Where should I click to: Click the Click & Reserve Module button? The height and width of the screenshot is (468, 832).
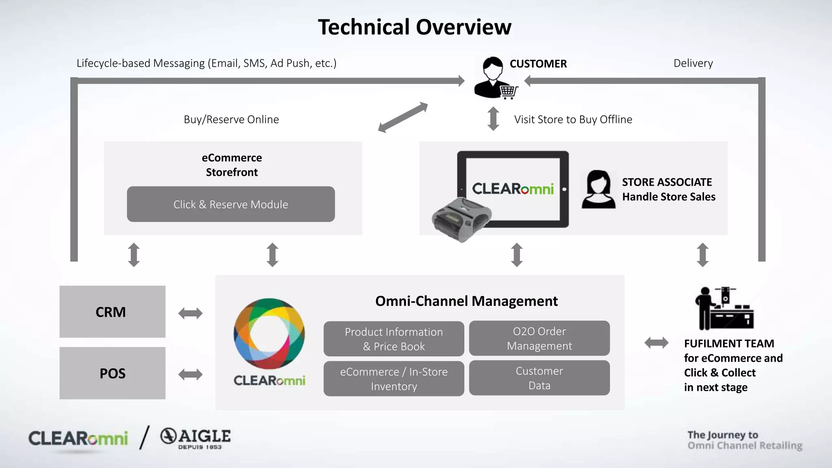[231, 204]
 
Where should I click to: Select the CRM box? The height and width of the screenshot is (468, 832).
[112, 312]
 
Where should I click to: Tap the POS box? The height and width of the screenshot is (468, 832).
[112, 373]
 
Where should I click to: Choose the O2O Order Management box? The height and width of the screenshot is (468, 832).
[539, 338]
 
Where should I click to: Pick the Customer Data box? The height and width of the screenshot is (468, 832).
[539, 378]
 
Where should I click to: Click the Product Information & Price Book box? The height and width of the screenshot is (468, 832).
[393, 339]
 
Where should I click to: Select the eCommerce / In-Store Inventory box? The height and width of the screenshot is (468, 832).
[393, 379]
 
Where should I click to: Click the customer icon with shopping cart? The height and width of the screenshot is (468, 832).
[495, 78]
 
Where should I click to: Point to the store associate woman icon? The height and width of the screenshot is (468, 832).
[598, 189]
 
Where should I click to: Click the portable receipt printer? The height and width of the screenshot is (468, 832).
[461, 219]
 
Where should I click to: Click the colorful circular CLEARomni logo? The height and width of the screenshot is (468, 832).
[269, 334]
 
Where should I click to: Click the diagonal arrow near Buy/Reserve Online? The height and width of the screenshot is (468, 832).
[403, 117]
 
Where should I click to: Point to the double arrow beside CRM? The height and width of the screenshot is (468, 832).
[190, 313]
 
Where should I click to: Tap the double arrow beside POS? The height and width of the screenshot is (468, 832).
[190, 374]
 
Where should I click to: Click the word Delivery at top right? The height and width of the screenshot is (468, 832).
[693, 63]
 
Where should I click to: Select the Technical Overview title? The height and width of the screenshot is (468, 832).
[414, 27]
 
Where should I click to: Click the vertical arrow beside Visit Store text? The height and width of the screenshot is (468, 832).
[493, 119]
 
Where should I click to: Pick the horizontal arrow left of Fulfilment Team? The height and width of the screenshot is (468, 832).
[656, 343]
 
